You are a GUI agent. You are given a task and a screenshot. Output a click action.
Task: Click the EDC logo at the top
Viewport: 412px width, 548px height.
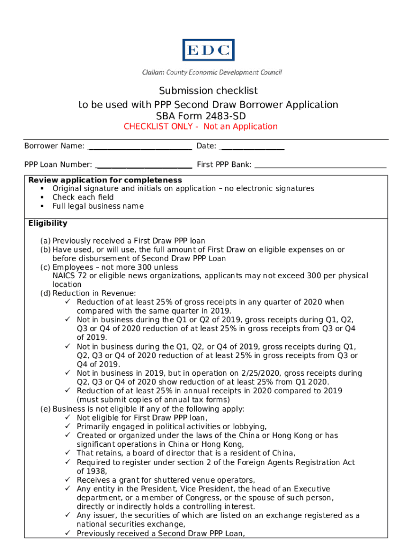[x=208, y=50]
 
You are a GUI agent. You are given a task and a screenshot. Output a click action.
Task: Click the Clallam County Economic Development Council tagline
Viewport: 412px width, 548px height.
[x=211, y=72]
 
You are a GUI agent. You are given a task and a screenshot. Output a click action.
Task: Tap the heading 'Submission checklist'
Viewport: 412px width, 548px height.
[x=208, y=91]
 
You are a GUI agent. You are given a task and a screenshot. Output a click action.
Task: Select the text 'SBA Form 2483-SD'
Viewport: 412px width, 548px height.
[x=208, y=116]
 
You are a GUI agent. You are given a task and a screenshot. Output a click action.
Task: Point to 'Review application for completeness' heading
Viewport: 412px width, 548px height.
[x=105, y=180]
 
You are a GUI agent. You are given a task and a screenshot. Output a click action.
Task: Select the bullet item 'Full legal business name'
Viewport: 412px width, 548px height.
[x=98, y=206]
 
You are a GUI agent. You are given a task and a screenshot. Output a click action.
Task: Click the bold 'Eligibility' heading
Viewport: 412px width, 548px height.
[x=48, y=224]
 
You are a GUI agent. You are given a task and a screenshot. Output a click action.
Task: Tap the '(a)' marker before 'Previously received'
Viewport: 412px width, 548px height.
[x=45, y=241]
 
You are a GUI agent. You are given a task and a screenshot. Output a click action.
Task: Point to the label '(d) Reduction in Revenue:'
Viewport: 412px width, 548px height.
[x=88, y=293]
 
